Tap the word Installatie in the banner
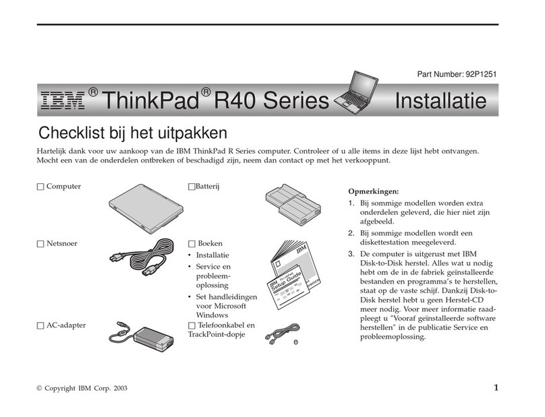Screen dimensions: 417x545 [439, 102]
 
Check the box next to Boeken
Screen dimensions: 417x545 [191, 243]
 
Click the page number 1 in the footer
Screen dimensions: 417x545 [496, 387]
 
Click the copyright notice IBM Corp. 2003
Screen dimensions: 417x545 [82, 389]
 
